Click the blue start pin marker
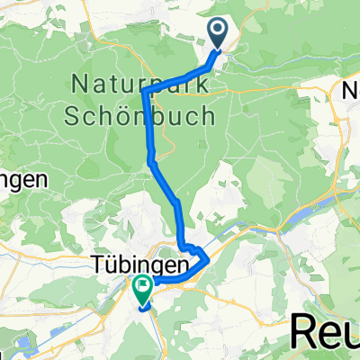coord(219,34)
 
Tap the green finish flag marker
coord(142,289)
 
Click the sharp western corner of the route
coord(145,91)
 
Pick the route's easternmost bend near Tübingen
coord(208,259)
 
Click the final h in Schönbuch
coord(209,115)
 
